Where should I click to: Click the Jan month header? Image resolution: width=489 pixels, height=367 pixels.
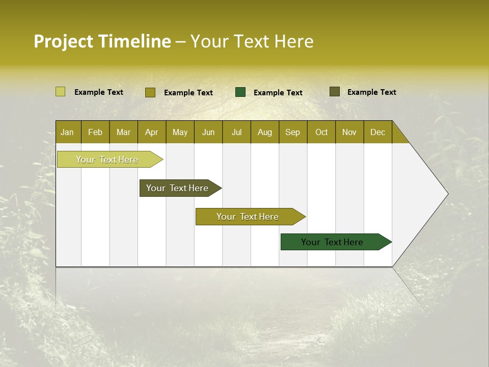click(67, 133)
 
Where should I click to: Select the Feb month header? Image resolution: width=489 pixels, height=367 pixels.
click(95, 133)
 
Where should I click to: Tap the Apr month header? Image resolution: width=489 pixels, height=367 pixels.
click(151, 133)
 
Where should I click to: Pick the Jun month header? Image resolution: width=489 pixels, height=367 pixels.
click(208, 133)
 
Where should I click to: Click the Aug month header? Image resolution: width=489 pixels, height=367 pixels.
click(264, 133)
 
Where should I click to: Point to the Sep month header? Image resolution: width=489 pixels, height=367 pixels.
click(292, 133)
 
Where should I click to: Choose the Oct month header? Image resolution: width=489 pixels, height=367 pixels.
click(321, 133)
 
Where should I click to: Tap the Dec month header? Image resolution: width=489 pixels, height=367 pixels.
click(377, 133)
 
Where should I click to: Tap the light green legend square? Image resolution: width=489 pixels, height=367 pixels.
click(60, 92)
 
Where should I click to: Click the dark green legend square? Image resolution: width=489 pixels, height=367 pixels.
click(240, 92)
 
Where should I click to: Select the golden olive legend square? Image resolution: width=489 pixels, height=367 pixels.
click(150, 92)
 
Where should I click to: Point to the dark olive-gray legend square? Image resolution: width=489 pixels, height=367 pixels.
click(334, 92)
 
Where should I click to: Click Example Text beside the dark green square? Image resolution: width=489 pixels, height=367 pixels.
click(278, 93)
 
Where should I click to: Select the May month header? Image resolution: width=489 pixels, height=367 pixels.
click(180, 133)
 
